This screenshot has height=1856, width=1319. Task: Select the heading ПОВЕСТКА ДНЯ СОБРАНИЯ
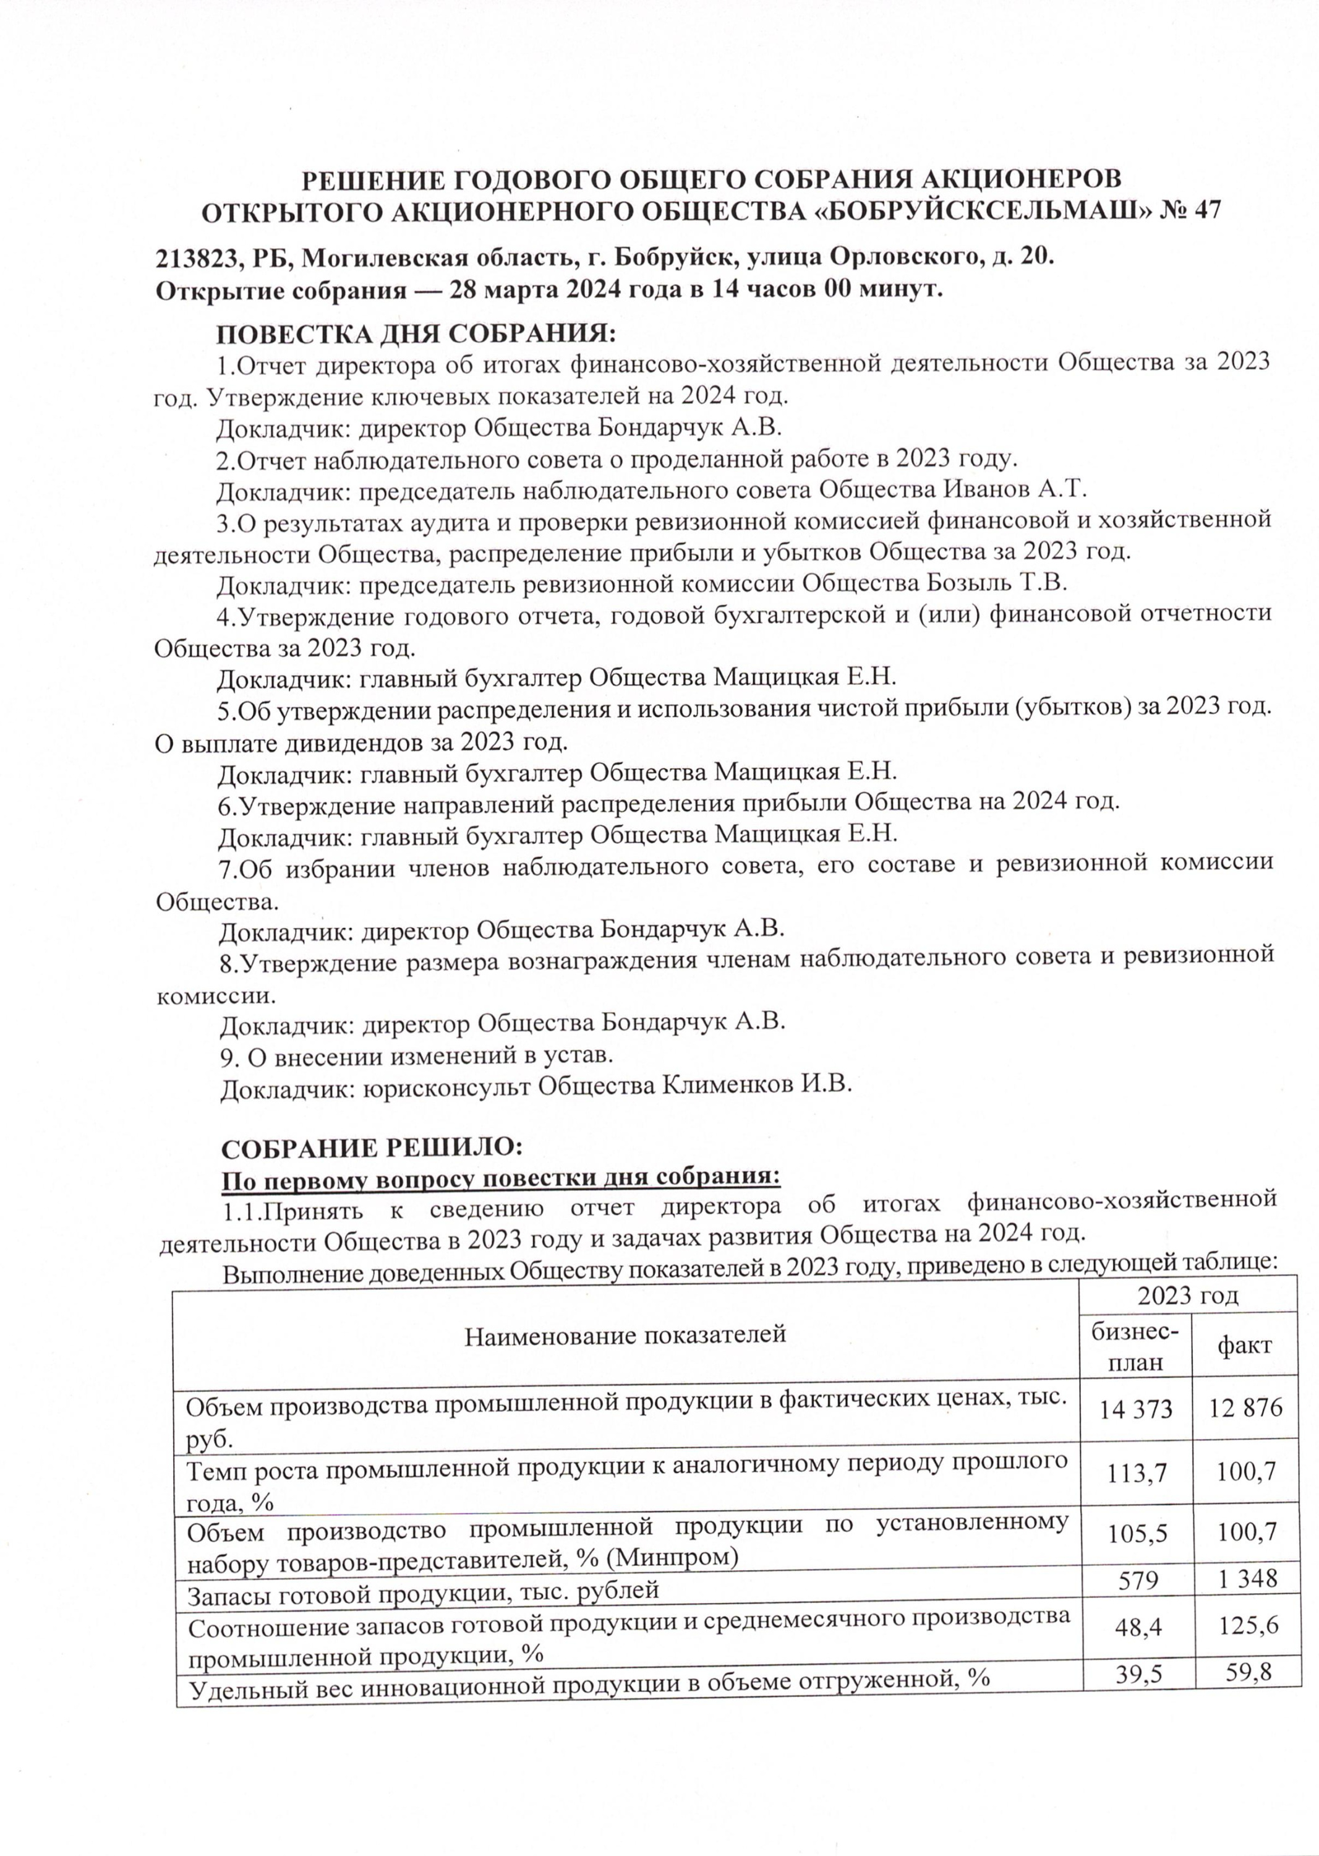click(416, 334)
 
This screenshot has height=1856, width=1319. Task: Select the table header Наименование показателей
click(625, 1333)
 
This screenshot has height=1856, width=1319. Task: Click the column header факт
click(1244, 1346)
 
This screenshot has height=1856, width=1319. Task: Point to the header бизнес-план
click(1135, 1346)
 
